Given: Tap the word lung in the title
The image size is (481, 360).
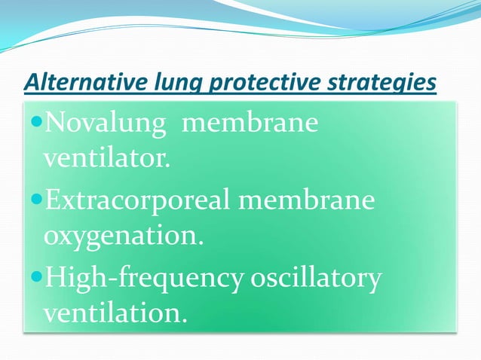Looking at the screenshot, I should pos(170,83).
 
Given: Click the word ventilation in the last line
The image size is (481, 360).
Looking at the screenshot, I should pos(109,313).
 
